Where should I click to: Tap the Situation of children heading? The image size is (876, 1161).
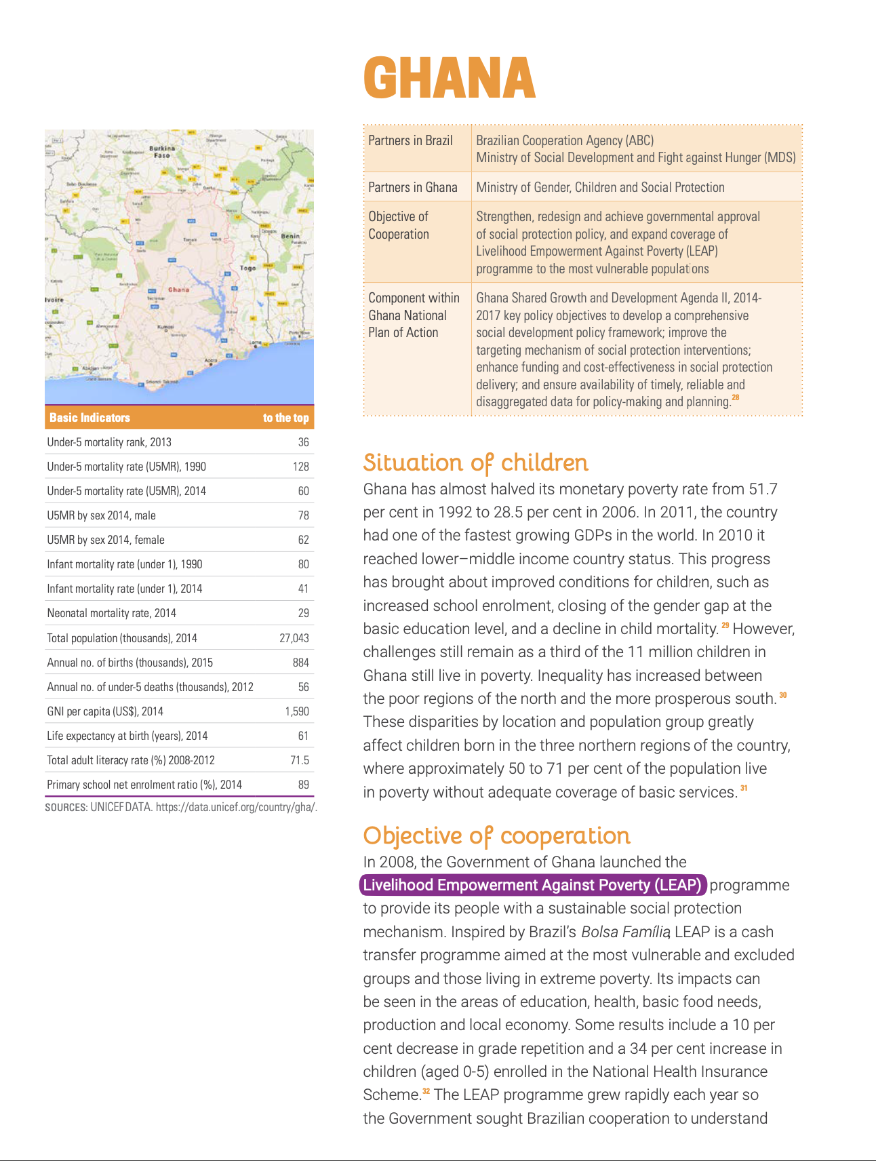click(475, 463)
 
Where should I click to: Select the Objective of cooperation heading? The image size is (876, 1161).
click(496, 835)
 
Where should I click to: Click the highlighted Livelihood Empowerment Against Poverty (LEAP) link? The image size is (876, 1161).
click(532, 885)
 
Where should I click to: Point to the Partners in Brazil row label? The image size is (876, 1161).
click(410, 140)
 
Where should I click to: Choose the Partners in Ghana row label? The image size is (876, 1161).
click(412, 187)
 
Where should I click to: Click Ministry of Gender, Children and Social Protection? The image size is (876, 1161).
click(600, 187)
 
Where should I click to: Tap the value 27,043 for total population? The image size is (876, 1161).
click(294, 638)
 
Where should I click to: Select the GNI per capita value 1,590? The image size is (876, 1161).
click(296, 711)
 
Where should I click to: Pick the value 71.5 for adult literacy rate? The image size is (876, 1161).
click(299, 760)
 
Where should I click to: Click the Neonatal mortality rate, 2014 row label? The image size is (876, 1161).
click(111, 613)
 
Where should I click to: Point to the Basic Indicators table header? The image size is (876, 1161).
click(89, 418)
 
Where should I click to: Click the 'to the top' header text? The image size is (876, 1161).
click(285, 418)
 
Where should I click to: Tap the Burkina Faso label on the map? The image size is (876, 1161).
click(162, 151)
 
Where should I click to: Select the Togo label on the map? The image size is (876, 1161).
click(248, 268)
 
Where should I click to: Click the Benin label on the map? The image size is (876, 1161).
click(290, 237)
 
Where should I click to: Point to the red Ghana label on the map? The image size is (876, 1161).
click(178, 290)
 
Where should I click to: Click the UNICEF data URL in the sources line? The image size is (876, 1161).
click(236, 807)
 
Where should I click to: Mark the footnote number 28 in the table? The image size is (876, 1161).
click(736, 397)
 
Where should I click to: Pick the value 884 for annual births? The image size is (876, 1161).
click(300, 663)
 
